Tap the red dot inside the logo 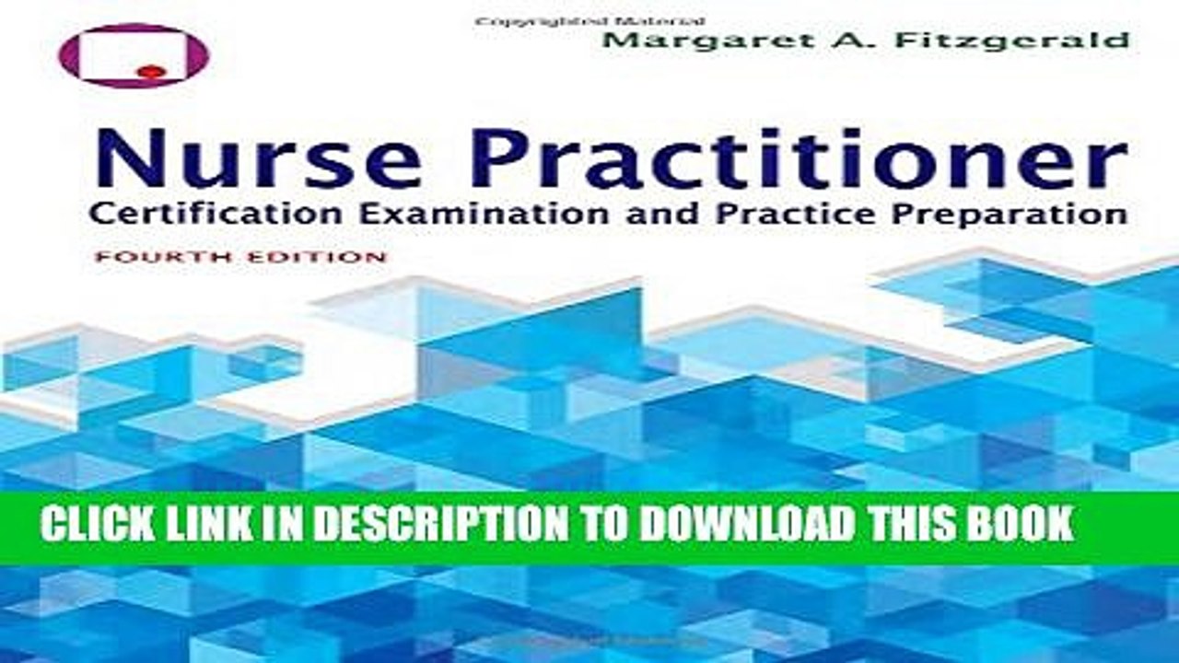click(x=154, y=72)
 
